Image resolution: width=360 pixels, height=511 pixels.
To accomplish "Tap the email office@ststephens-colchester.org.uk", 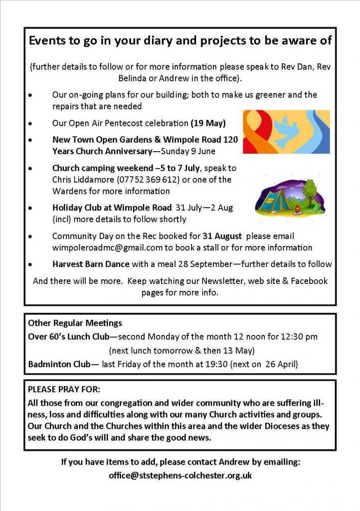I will tap(180, 476).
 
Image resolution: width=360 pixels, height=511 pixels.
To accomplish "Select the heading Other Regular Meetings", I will tap(75, 323).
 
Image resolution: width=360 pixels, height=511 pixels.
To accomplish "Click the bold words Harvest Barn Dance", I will tap(91, 264).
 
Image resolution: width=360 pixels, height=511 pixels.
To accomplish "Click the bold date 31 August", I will tap(222, 236).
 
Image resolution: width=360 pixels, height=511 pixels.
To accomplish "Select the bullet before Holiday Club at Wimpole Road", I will tap(31, 208).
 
